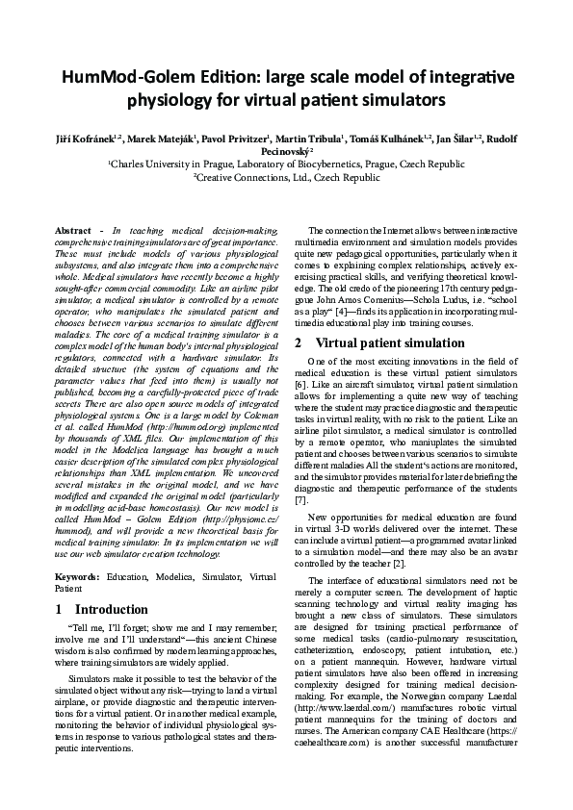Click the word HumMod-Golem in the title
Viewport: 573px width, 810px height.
[121, 76]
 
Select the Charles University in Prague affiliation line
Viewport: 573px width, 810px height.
[287, 165]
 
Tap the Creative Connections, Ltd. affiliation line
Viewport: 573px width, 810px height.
[287, 178]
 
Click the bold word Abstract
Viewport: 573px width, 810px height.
[72, 232]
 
